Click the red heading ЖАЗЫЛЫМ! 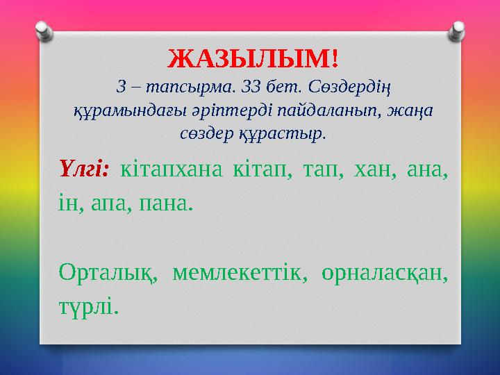253,59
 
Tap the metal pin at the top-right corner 458,28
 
